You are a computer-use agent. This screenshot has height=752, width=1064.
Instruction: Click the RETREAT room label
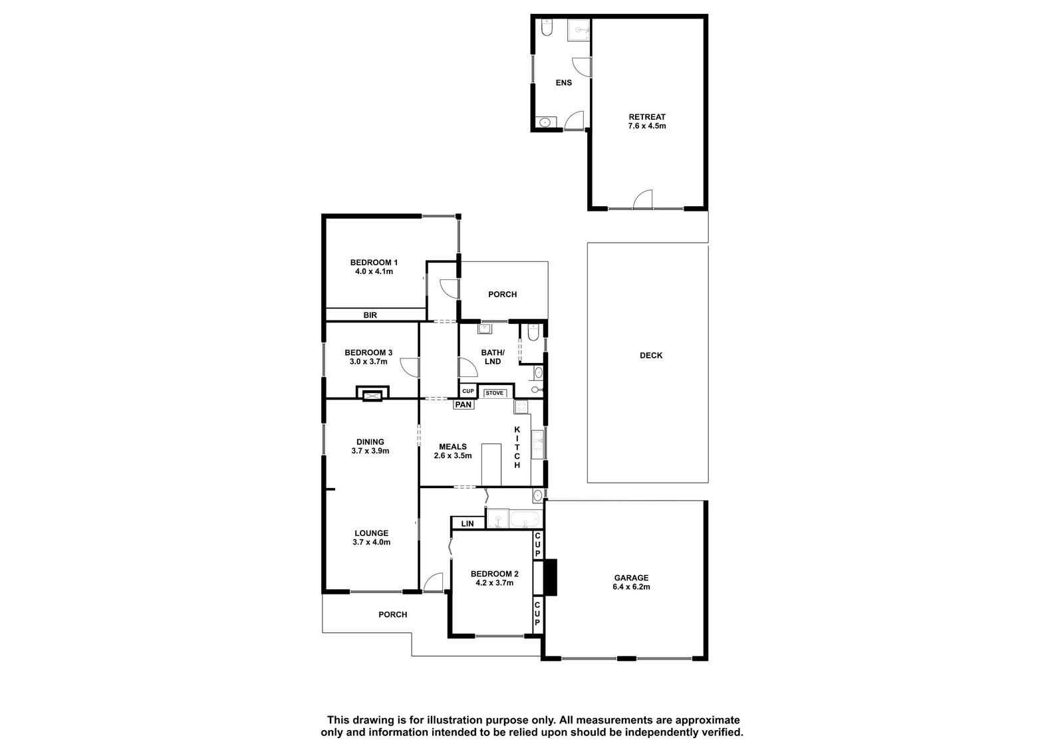[647, 117]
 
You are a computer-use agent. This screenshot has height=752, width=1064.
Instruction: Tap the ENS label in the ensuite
[564, 82]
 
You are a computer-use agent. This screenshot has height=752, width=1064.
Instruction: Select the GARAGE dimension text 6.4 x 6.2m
[631, 586]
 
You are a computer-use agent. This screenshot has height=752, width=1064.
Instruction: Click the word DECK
[651, 355]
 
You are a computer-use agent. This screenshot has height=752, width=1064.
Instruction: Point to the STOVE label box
[495, 393]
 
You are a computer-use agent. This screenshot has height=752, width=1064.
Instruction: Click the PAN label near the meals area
[463, 404]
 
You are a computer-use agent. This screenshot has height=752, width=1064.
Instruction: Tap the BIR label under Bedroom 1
[370, 315]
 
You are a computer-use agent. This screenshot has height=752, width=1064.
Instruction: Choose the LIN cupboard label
[467, 523]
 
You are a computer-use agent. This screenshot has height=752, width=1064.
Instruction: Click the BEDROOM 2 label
[495, 574]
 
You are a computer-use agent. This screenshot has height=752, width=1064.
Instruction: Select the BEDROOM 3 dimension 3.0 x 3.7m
[368, 362]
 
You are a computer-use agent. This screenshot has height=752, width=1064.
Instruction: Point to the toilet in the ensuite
[547, 28]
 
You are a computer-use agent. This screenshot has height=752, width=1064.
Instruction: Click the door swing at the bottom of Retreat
[642, 199]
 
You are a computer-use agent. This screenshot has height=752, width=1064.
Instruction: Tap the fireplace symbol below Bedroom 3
[372, 395]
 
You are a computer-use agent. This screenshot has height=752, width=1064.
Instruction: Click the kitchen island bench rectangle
[491, 465]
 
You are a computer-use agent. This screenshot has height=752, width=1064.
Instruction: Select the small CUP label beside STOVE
[468, 391]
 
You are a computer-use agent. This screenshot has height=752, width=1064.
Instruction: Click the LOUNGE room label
[372, 533]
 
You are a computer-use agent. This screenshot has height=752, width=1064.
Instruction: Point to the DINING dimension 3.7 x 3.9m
[370, 451]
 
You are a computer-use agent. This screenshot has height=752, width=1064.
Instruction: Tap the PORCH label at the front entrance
[393, 614]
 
